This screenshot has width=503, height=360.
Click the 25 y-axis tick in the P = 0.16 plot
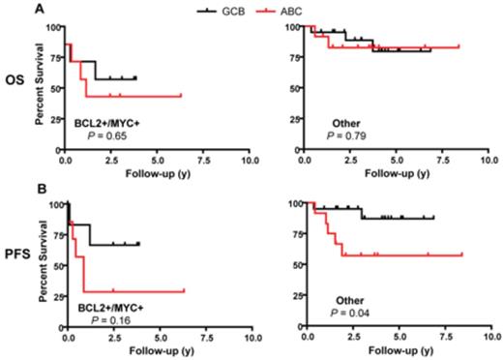pyautogui.click(x=54, y=295)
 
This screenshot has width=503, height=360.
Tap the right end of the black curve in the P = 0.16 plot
pyautogui.click(x=139, y=244)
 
